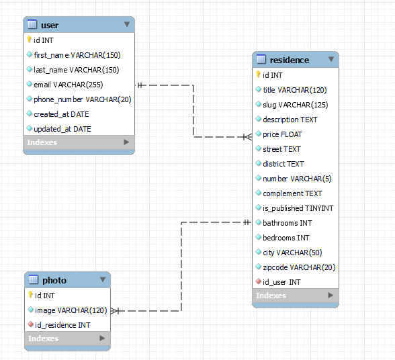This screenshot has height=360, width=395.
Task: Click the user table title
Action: click(50, 26)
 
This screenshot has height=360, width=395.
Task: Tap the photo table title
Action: click(54, 281)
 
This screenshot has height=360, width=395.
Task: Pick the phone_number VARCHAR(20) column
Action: click(82, 99)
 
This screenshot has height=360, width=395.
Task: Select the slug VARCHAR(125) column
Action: click(296, 105)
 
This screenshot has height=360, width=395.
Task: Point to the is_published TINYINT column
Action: click(298, 208)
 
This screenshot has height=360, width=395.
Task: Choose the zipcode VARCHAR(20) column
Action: click(299, 267)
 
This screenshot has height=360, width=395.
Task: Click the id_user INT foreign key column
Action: click(281, 282)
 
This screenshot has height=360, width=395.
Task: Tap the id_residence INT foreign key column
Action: click(62, 325)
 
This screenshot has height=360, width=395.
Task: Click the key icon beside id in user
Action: click(30, 40)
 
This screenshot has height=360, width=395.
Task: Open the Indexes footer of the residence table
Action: click(271, 296)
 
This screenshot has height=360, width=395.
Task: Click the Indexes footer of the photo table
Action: click(44, 339)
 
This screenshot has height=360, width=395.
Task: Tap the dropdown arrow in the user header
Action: click(126, 25)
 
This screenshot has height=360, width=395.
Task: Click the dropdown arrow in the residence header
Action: click(331, 60)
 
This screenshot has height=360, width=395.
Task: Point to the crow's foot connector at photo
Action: click(116, 311)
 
